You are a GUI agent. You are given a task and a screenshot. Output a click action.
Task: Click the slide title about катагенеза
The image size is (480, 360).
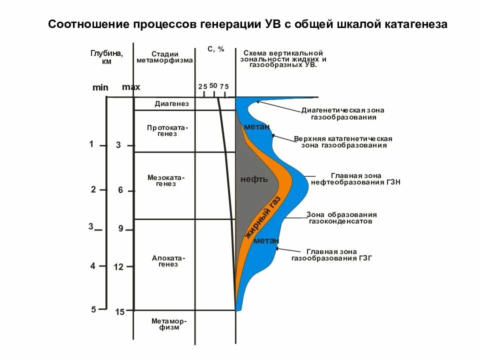coord(247,24)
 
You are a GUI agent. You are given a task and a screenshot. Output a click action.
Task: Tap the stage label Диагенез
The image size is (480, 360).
coord(171,104)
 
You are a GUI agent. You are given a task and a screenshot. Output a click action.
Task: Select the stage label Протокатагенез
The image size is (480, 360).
coord(168,130)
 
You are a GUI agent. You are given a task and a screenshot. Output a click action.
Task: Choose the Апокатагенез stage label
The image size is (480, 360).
coord(168,261)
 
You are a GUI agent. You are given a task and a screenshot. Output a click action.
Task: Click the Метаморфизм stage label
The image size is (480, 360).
coord(169,324)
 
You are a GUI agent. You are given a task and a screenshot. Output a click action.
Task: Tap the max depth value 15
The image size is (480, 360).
coord(119,312)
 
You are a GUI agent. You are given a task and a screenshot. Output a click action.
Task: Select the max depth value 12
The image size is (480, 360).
coord(118,267)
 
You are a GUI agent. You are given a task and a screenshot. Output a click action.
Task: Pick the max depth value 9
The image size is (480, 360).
coord(120,229)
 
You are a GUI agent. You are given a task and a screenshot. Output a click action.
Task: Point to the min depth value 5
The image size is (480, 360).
coord(93,309)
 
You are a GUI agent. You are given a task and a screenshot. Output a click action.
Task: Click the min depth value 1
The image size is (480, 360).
coord(91,144)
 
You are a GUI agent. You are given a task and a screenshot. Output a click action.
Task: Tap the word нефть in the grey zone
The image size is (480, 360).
coord(254,179)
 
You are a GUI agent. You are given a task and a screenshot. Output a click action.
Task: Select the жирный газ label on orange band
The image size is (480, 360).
coord(263,218)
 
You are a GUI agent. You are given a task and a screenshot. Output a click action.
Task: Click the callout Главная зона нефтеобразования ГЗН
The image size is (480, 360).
coord(355,179)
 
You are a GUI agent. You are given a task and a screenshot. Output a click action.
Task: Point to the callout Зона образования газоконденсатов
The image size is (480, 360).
coord(341,217)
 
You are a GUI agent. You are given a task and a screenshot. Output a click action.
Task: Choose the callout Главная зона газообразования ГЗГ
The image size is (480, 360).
coord(332,255)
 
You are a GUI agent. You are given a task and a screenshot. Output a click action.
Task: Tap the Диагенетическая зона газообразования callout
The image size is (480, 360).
coord(338,113)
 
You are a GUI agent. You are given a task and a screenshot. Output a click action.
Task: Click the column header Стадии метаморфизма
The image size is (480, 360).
coord(164,57)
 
